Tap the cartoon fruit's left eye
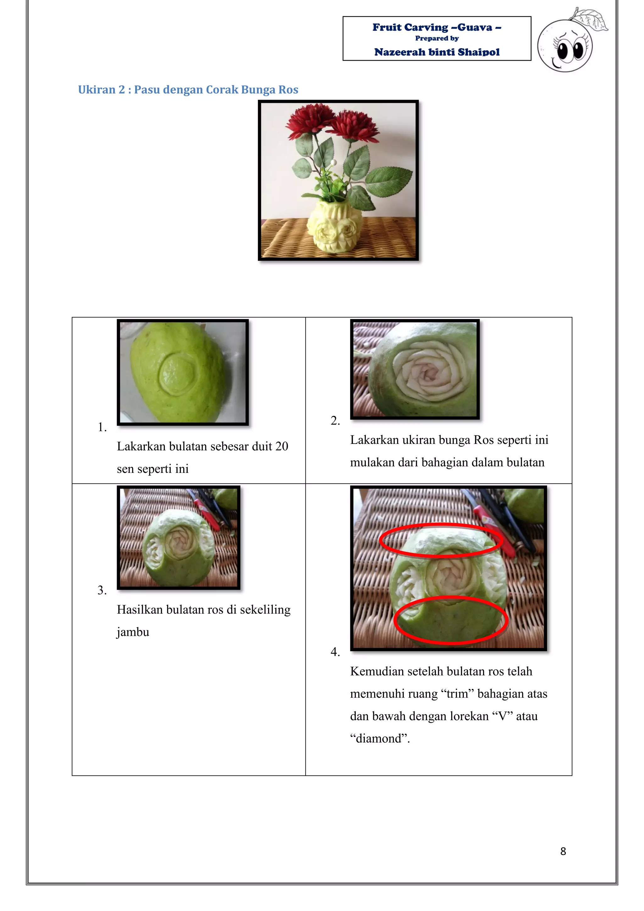pyautogui.click(x=562, y=51)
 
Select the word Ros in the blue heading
pyautogui.click(x=288, y=90)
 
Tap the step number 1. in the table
pyautogui.click(x=102, y=427)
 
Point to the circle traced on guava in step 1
pyautogui.click(x=177, y=374)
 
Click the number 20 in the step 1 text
pyautogui.click(x=281, y=446)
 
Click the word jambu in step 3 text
pyautogui.click(x=133, y=632)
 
